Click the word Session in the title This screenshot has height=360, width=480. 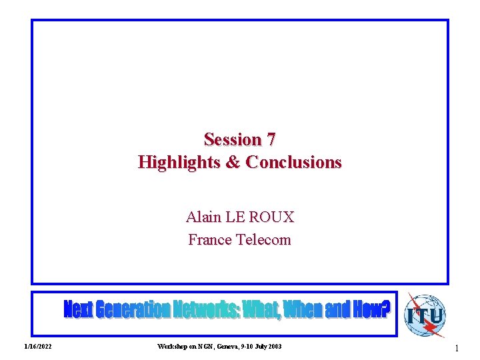(233, 139)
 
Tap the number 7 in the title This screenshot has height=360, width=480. (271, 139)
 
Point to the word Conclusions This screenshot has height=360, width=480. (294, 162)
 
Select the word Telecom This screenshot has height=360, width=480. (264, 239)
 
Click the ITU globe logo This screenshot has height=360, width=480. (425, 315)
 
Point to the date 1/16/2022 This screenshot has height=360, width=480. (38, 347)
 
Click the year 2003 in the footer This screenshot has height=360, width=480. (273, 347)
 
